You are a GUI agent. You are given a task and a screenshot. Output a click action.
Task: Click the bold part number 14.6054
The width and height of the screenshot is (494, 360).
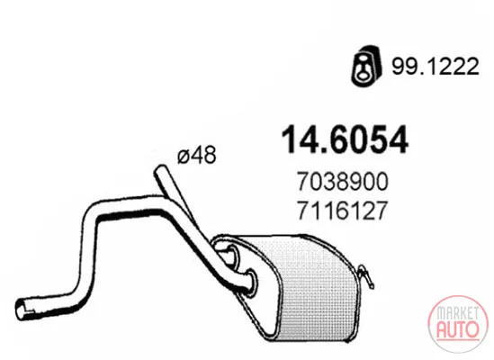tap(345, 139)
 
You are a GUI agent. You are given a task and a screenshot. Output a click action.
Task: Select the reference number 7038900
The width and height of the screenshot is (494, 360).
tap(343, 182)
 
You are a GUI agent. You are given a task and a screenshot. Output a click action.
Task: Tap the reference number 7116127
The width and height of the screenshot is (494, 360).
tap(342, 211)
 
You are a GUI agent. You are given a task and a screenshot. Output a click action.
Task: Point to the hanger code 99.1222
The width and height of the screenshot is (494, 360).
tap(436, 67)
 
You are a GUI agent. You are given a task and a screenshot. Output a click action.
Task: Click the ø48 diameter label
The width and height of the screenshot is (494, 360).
tap(197, 155)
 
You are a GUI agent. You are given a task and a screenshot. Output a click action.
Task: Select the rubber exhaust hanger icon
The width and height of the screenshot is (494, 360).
tap(367, 66)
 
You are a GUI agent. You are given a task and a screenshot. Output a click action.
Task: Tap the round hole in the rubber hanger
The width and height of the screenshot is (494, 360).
tap(364, 75)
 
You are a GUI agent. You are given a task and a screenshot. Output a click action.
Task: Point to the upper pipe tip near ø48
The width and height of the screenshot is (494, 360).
tap(160, 170)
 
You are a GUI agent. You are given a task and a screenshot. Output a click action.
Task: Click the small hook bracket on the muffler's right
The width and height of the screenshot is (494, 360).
tap(366, 275)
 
